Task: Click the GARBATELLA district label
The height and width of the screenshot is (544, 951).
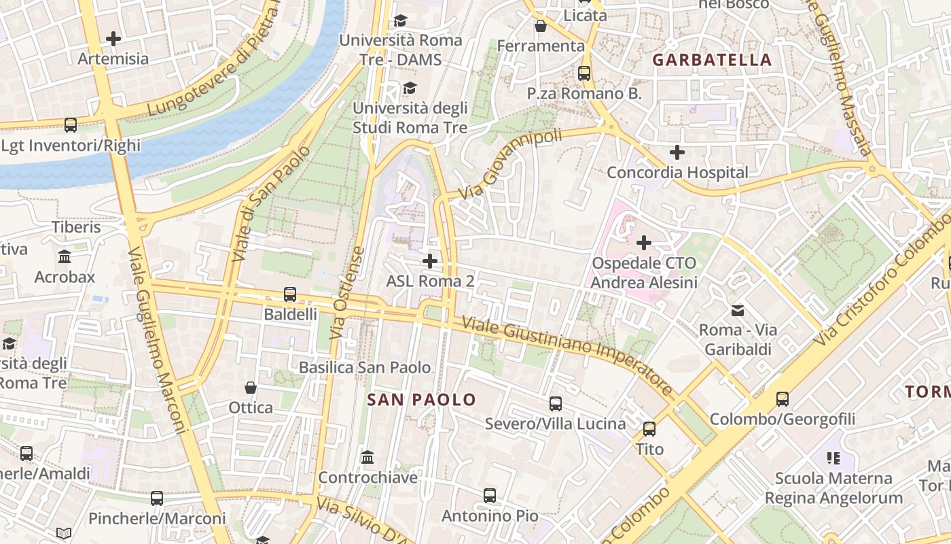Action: click(x=712, y=60)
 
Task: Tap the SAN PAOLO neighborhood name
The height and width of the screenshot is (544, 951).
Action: click(x=421, y=400)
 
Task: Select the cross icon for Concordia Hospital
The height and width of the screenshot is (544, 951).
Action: click(x=677, y=152)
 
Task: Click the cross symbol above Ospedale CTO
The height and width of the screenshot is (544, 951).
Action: click(x=643, y=242)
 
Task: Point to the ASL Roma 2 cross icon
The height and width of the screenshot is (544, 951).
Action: click(x=429, y=261)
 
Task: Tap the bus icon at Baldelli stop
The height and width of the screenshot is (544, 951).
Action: click(x=290, y=294)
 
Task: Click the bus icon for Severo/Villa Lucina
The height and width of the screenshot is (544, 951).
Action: click(x=555, y=404)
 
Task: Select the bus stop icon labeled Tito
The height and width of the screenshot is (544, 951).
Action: click(x=649, y=429)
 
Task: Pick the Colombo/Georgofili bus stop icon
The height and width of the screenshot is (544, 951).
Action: click(x=783, y=399)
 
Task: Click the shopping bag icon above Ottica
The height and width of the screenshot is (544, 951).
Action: click(x=251, y=388)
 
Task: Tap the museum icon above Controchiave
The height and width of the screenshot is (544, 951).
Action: click(x=367, y=457)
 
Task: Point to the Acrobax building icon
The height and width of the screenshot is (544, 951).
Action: click(x=65, y=257)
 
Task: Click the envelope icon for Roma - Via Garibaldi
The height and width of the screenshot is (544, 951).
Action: click(x=737, y=311)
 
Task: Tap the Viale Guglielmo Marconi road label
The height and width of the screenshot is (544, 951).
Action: click(x=156, y=340)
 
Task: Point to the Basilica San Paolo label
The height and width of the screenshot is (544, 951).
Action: click(x=365, y=368)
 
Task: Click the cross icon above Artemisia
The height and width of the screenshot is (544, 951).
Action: click(x=113, y=39)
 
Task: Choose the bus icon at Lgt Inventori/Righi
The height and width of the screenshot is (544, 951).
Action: click(x=71, y=125)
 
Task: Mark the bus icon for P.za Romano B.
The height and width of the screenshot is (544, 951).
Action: click(x=584, y=73)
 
